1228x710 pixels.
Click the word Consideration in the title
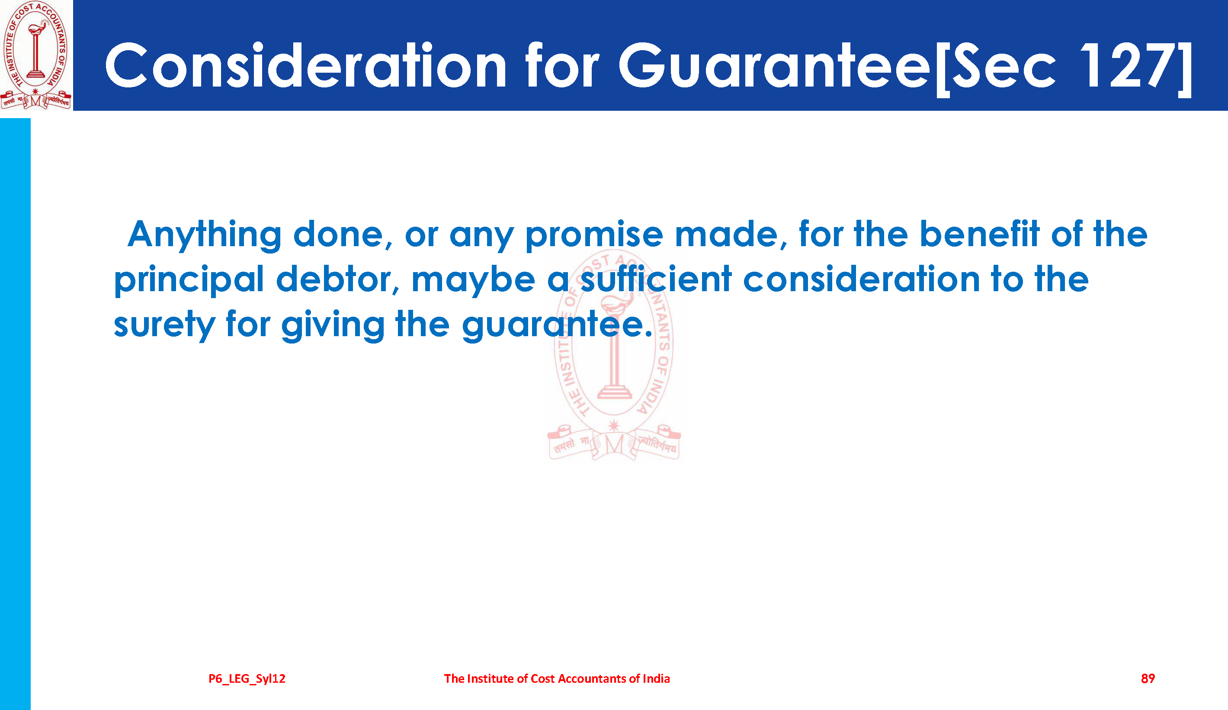[x=305, y=65]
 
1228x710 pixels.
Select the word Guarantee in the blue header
[x=775, y=65]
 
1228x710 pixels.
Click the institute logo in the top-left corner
[x=36, y=55]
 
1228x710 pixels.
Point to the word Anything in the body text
[x=205, y=235]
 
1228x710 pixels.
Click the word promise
[x=594, y=236]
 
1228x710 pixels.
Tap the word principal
[x=189, y=281]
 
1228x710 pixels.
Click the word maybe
[x=473, y=281]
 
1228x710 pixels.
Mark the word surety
[x=164, y=325]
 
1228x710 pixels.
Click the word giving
[x=333, y=325]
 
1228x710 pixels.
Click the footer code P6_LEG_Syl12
[x=247, y=679]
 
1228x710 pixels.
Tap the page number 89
[x=1148, y=678]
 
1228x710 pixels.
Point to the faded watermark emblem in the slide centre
[x=614, y=356]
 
